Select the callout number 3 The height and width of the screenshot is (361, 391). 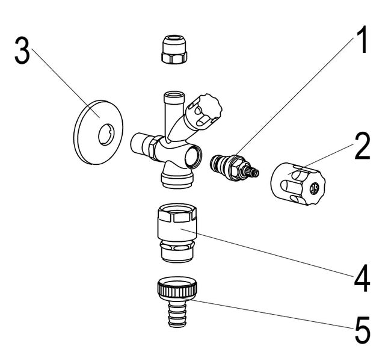click(x=22, y=54)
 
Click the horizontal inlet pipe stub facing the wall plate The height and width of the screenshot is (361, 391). click(x=141, y=145)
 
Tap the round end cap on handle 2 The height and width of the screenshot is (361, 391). click(x=313, y=190)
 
